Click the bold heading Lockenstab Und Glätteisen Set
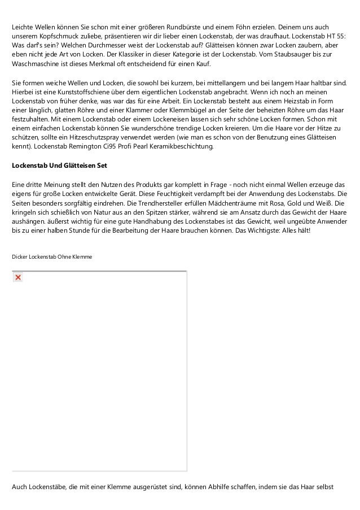[x=59, y=165]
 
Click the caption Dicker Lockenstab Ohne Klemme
[x=52, y=257]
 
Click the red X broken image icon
[x=18, y=277]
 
